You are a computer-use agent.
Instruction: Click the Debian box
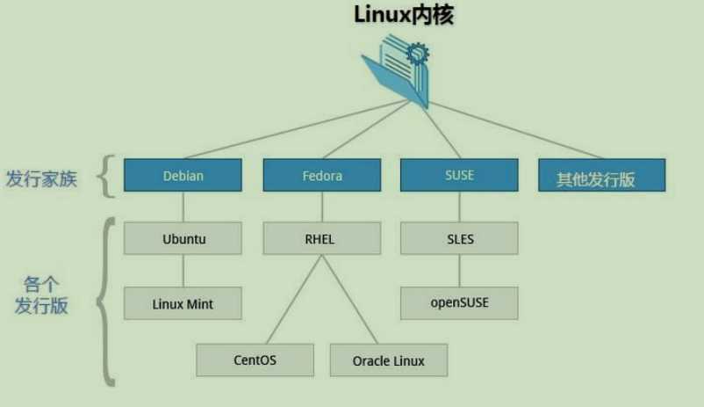tap(183, 175)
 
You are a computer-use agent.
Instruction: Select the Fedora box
tap(321, 175)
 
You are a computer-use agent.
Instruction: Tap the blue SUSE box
tap(459, 174)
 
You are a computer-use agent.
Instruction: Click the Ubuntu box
tap(183, 238)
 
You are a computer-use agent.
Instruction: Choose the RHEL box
tap(321, 238)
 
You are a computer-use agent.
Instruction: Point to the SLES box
tap(459, 238)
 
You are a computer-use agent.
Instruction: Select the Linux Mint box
tap(183, 303)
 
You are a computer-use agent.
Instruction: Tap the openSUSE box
tap(459, 303)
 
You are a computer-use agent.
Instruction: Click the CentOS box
tap(255, 360)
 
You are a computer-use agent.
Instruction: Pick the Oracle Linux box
tap(389, 360)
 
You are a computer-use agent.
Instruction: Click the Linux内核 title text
tap(403, 15)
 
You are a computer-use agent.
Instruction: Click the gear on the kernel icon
tap(418, 55)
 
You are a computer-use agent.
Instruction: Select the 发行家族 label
tap(41, 179)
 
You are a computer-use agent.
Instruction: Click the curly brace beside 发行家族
tap(105, 176)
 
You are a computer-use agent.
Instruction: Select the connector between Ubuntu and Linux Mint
tap(183, 271)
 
